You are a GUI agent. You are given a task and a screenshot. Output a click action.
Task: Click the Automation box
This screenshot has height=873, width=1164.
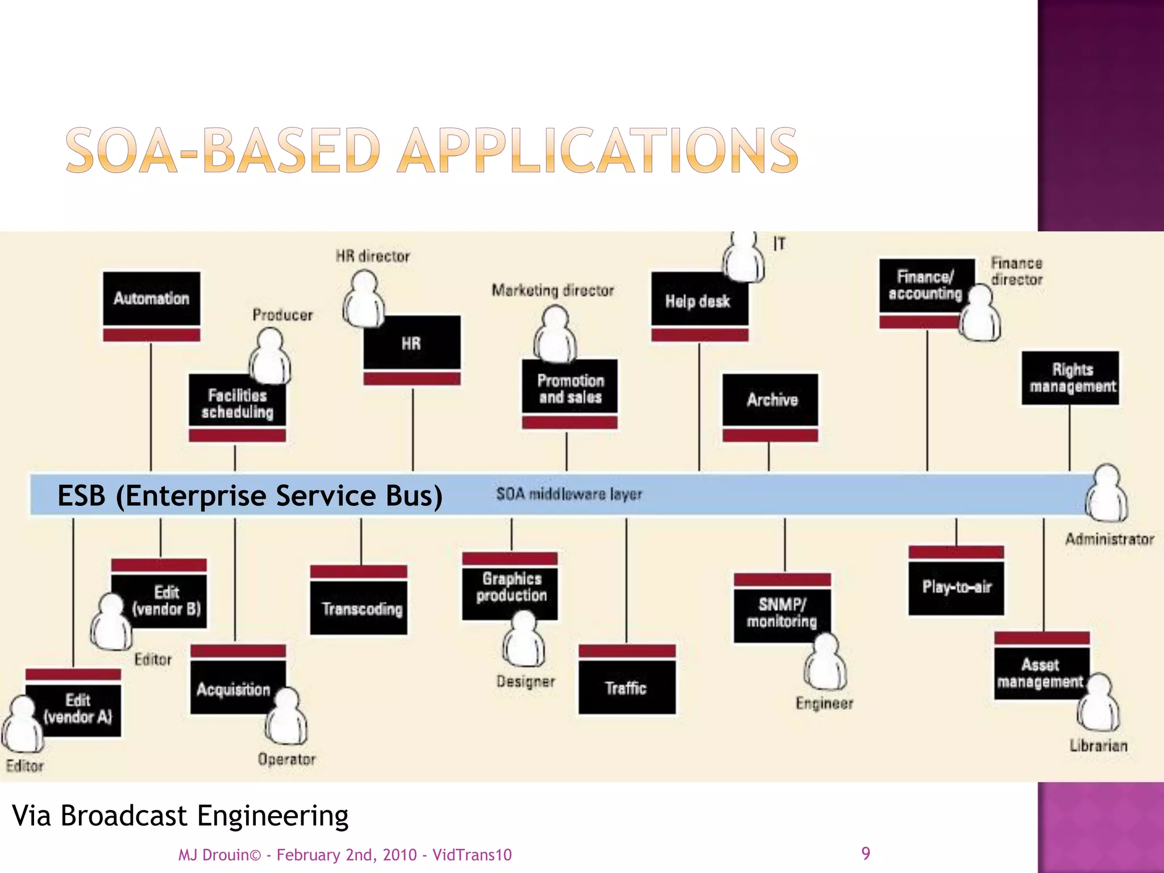pos(151,299)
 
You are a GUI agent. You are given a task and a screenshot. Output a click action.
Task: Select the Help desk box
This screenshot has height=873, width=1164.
pos(699,301)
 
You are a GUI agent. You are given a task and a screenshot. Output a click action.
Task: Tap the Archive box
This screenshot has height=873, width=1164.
pos(771,400)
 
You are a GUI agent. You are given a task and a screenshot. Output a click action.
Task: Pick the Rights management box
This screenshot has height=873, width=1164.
pos(1070,378)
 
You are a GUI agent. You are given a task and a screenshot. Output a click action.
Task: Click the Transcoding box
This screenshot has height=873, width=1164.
pos(359,609)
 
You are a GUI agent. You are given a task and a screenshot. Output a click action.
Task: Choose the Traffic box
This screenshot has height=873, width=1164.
pos(627,688)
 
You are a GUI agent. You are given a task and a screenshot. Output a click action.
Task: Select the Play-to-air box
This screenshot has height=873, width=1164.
pos(956,587)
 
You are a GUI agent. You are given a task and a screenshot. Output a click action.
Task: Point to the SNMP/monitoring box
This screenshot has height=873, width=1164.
pos(781,613)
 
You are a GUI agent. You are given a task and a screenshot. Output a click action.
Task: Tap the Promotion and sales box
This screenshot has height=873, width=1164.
pos(570,389)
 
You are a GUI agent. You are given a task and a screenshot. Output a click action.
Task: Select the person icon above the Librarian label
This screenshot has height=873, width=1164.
pos(1099,702)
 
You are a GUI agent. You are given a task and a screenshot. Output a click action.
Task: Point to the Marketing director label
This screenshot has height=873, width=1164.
pos(552,290)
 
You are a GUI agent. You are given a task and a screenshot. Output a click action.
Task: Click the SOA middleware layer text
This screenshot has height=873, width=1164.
pos(569,494)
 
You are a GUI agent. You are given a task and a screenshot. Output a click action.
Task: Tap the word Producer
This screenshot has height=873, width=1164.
pos(282,315)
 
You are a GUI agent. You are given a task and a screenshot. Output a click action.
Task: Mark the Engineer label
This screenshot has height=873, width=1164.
pos(824,704)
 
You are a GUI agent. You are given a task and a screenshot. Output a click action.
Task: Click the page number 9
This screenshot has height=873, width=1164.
pos(865,853)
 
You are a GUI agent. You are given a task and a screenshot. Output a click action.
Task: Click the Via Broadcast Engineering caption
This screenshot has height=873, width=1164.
pos(180,816)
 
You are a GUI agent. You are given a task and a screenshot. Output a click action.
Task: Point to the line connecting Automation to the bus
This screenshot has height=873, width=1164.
pos(151,406)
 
